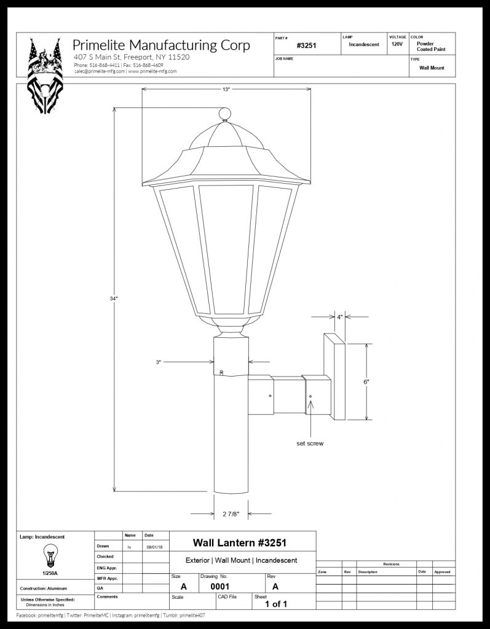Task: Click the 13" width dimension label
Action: [x=226, y=90]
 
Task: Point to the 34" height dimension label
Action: [x=114, y=299]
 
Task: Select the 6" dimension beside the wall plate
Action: [x=366, y=381]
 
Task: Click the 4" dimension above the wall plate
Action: [x=339, y=317]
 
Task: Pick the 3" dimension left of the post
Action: [x=159, y=362]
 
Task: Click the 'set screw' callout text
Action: [x=310, y=443]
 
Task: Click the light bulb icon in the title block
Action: [x=47, y=557]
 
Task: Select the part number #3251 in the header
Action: [x=306, y=45]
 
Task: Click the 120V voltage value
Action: [x=397, y=44]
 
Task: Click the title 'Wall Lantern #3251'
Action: [x=240, y=542]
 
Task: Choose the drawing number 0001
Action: [x=220, y=587]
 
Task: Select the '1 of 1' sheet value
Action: [x=276, y=604]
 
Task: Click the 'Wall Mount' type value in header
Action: [x=432, y=68]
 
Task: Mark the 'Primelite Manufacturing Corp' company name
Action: [x=161, y=45]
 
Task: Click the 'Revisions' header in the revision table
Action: [x=390, y=564]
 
